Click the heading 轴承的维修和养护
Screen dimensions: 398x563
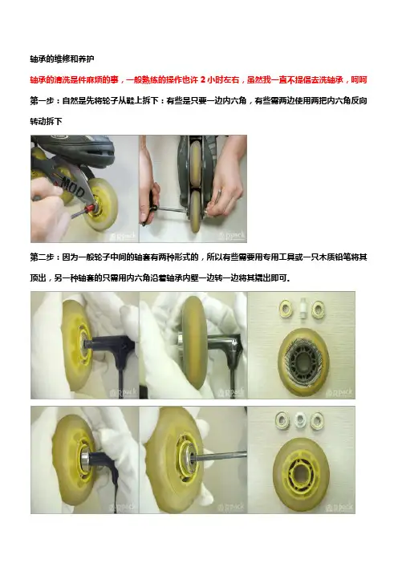(x=62, y=59)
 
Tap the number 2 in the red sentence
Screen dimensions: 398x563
(x=203, y=79)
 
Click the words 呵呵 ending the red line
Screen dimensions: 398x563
(x=359, y=79)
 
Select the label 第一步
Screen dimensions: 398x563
(x=42, y=100)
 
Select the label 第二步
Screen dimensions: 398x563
(x=42, y=257)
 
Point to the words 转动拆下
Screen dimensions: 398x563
(x=46, y=121)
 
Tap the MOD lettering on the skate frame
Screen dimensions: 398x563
(x=73, y=186)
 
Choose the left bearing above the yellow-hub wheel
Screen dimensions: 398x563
(x=282, y=420)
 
